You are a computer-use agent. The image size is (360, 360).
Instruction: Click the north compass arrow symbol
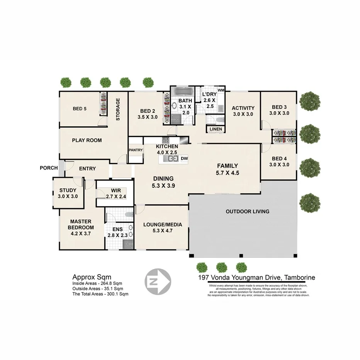tap(157, 280)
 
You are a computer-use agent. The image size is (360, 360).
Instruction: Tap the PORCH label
tap(49, 168)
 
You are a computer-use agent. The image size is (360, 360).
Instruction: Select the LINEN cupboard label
tap(216, 129)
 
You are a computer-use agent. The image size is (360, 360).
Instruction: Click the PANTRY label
tap(136, 150)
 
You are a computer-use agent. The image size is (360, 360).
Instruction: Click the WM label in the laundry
tap(221, 90)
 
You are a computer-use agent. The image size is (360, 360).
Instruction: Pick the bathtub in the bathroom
tap(183, 92)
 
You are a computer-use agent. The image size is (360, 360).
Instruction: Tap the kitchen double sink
tap(170, 158)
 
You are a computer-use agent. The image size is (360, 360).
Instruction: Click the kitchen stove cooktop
tap(166, 140)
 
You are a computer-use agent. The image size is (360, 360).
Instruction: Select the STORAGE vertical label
tap(118, 109)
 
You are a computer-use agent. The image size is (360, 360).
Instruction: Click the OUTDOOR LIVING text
tap(247, 211)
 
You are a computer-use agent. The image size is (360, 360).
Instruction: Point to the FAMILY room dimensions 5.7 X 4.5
tap(228, 173)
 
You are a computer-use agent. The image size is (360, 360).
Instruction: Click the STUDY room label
tap(68, 190)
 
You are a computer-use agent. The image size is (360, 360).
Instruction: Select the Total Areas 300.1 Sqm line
tap(100, 294)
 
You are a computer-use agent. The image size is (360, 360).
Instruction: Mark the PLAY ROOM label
tap(87, 140)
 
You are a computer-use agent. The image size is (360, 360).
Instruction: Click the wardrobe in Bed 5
tap(103, 104)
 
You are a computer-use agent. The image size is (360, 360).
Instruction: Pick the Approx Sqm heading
tap(92, 277)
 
